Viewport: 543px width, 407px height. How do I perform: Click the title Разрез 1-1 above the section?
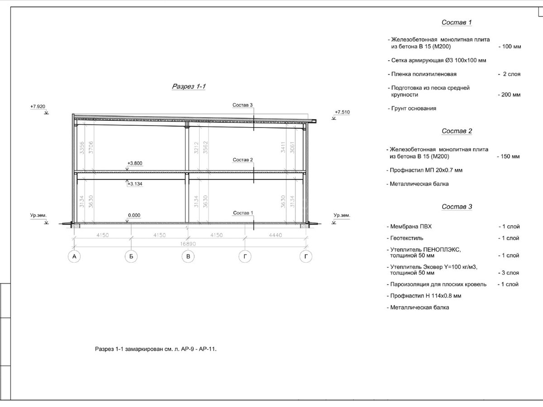(x=189, y=86)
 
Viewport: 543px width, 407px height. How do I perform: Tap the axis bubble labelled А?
(x=74, y=257)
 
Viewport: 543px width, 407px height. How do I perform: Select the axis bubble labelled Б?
(x=131, y=257)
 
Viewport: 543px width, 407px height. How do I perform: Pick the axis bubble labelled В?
(x=188, y=257)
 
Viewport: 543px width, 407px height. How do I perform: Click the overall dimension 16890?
(x=188, y=244)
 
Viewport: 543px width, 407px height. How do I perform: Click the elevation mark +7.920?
(x=38, y=107)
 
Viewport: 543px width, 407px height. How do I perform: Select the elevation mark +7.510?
(x=342, y=112)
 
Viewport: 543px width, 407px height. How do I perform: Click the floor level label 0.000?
(x=134, y=216)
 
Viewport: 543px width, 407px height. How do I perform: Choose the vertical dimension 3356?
(x=82, y=148)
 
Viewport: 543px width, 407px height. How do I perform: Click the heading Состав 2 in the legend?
(x=457, y=131)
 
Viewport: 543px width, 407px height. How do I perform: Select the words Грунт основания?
(x=414, y=109)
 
